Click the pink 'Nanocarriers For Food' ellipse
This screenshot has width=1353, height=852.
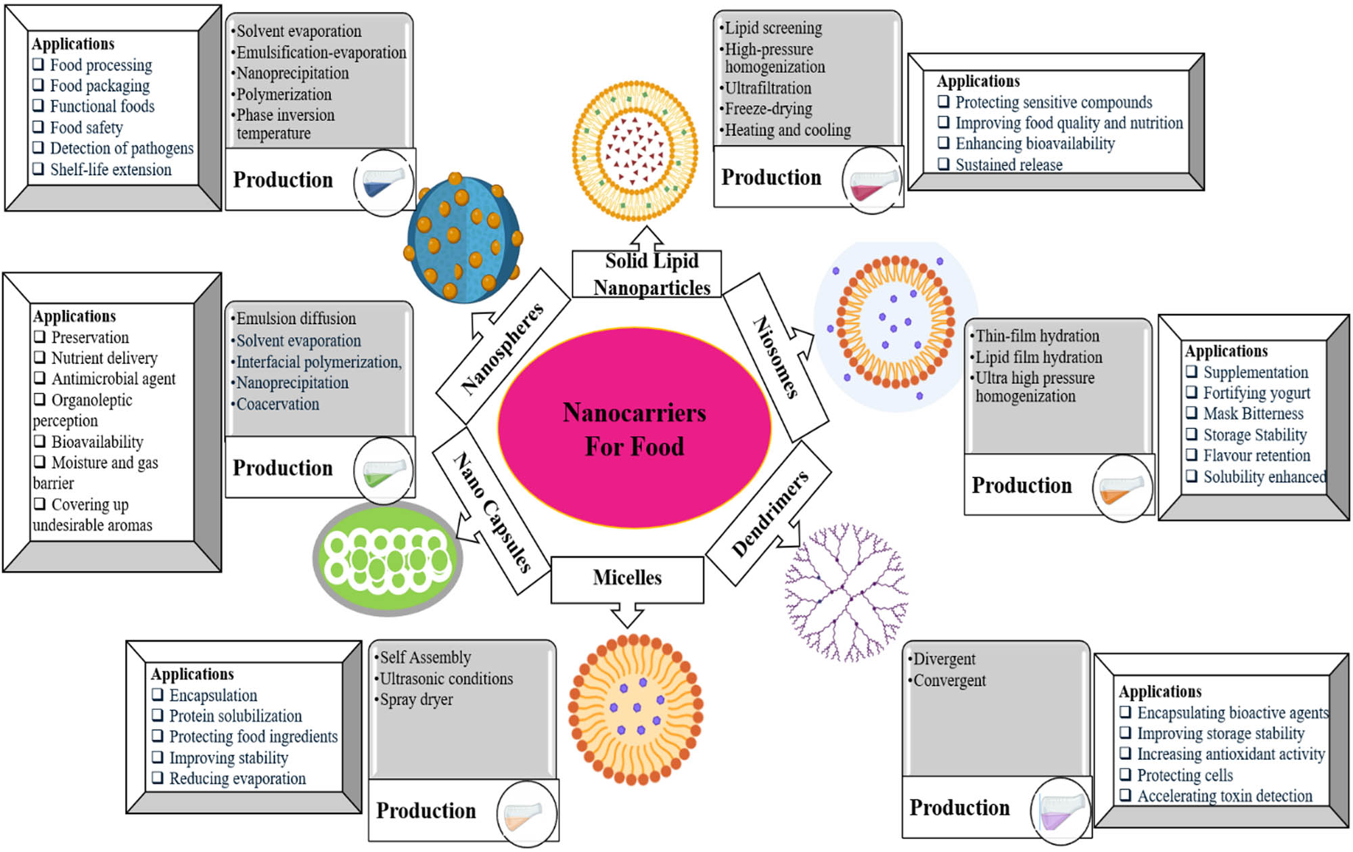[634, 428]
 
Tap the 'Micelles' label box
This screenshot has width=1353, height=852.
[627, 579]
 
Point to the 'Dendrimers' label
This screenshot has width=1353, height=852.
[770, 513]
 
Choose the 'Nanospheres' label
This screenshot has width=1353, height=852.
[502, 348]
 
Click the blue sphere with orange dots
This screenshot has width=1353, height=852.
[463, 238]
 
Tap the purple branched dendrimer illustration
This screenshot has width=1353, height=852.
[846, 592]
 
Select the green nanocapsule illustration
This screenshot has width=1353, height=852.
[388, 559]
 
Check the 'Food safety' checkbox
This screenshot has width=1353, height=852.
[39, 127]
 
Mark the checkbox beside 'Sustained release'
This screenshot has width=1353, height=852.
[944, 164]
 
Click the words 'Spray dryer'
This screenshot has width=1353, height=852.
[416, 700]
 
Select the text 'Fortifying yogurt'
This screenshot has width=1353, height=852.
[1256, 393]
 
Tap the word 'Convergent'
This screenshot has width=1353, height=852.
[949, 681]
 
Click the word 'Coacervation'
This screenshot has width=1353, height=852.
[277, 404]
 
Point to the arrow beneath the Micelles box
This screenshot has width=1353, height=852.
[626, 616]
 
